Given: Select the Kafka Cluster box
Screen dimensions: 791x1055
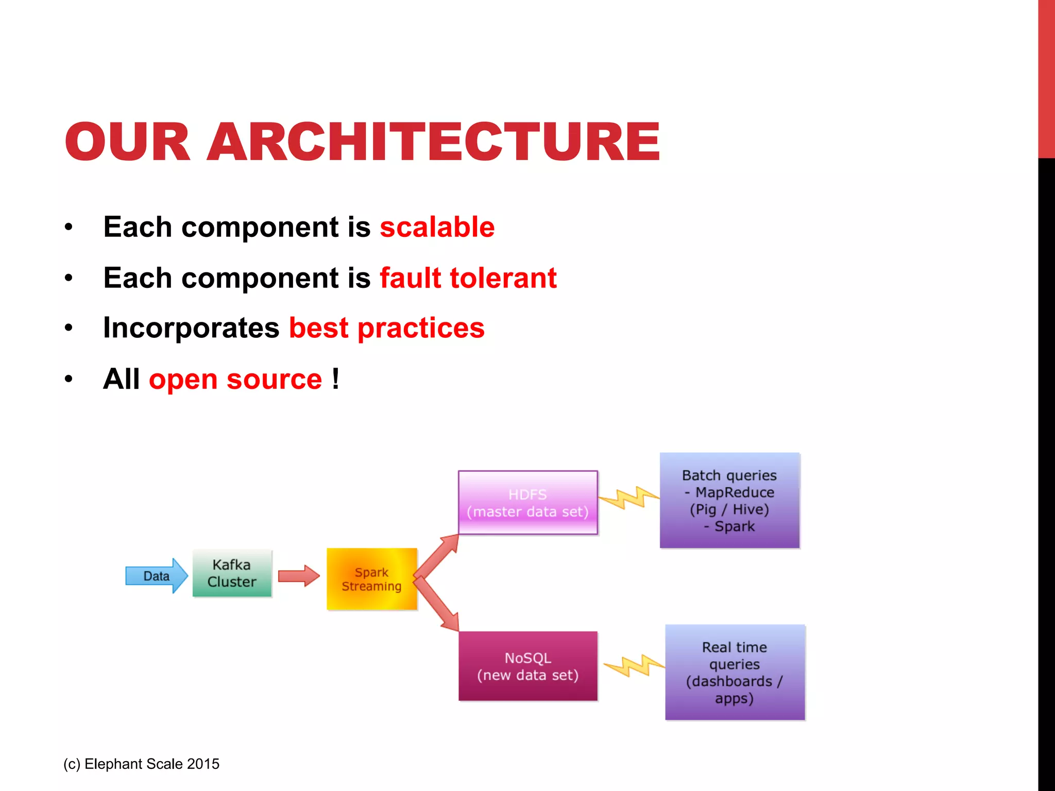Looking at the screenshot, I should [232, 573].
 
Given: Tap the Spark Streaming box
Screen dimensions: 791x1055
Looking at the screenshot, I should [371, 579].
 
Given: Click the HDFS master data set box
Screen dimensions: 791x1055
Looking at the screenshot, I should [527, 503].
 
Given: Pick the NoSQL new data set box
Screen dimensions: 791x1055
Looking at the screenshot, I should [527, 666].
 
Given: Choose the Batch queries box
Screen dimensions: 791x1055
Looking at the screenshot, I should [729, 500].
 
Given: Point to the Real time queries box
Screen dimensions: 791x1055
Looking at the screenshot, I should [735, 672].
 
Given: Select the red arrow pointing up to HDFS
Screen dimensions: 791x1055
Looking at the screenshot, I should [437, 557].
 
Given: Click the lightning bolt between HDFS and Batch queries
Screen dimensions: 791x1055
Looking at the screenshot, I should [629, 497].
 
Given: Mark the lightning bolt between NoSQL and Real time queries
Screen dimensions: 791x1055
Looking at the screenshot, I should [634, 665].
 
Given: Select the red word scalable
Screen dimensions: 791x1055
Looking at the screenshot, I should [437, 227].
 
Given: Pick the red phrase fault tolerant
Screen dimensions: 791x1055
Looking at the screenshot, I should [468, 278].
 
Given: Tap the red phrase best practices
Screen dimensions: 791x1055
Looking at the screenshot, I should [386, 328].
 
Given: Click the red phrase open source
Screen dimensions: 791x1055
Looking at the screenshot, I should [235, 380].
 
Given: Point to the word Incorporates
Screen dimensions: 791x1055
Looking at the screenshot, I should [191, 328].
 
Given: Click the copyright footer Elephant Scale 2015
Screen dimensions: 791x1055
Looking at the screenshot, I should [142, 764].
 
